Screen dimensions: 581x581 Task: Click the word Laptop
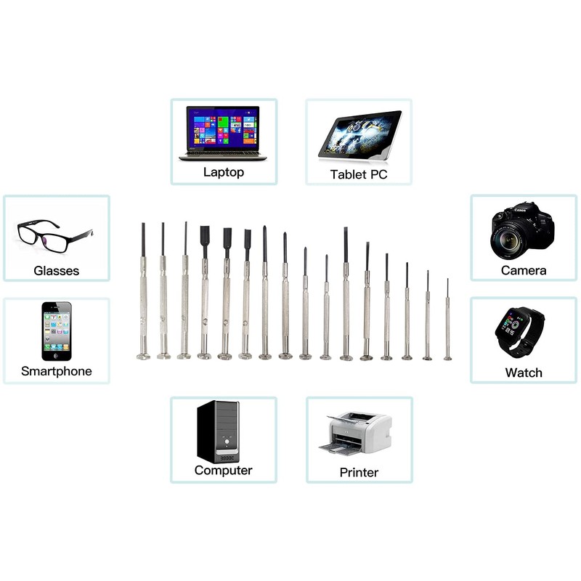(223, 172)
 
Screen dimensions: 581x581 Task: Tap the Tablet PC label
(359, 174)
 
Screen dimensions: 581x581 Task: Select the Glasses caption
(56, 271)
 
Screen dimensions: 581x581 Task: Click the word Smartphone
(56, 371)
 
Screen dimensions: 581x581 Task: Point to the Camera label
(523, 270)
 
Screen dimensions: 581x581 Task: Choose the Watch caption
(523, 373)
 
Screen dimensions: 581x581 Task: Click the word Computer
(223, 470)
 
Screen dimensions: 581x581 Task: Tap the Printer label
(359, 472)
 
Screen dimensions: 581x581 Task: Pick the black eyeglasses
(54, 235)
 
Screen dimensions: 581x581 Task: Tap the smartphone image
(57, 331)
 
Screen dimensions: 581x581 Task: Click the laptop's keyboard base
(222, 156)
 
